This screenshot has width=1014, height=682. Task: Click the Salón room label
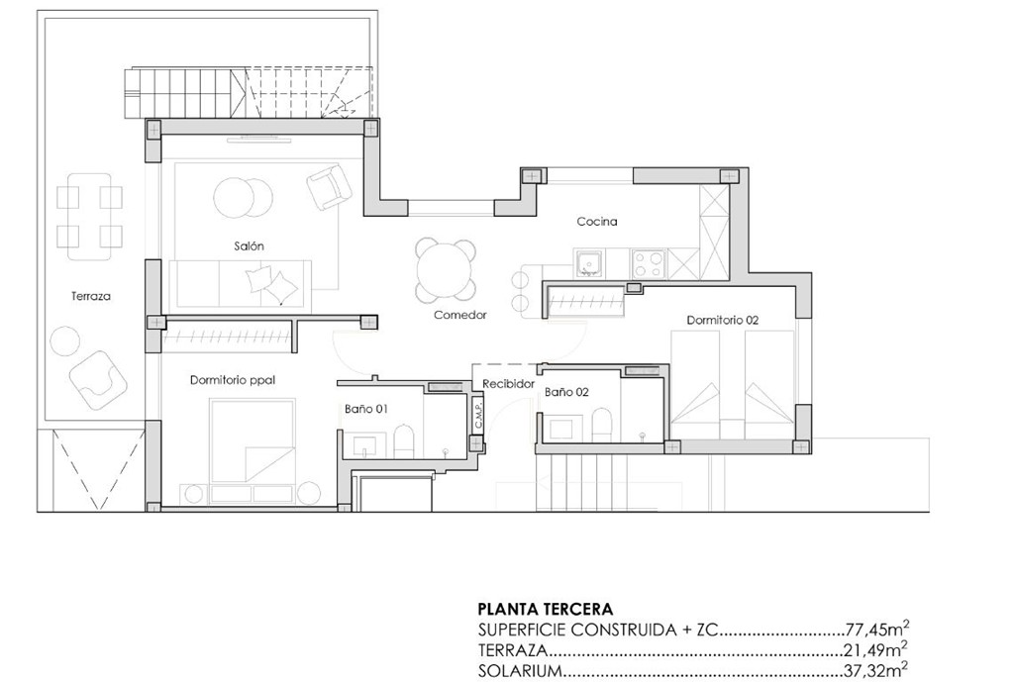(x=249, y=245)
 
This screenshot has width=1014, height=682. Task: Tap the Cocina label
(x=597, y=222)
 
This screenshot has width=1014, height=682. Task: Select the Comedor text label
(x=459, y=315)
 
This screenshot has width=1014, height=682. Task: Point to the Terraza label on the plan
(x=90, y=296)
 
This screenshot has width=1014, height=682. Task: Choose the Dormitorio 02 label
(x=722, y=320)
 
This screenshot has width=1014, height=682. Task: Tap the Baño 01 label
(x=365, y=408)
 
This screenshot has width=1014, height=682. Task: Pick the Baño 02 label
(x=566, y=392)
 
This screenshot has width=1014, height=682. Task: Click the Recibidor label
(x=508, y=383)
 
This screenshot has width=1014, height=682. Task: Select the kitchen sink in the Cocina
(x=591, y=262)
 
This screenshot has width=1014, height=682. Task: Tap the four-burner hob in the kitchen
(x=649, y=262)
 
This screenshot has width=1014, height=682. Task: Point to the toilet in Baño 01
(x=402, y=441)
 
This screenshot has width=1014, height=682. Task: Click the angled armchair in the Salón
(x=328, y=186)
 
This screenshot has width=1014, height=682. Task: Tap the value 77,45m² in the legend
(x=877, y=629)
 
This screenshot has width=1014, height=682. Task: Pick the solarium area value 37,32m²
(x=877, y=670)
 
